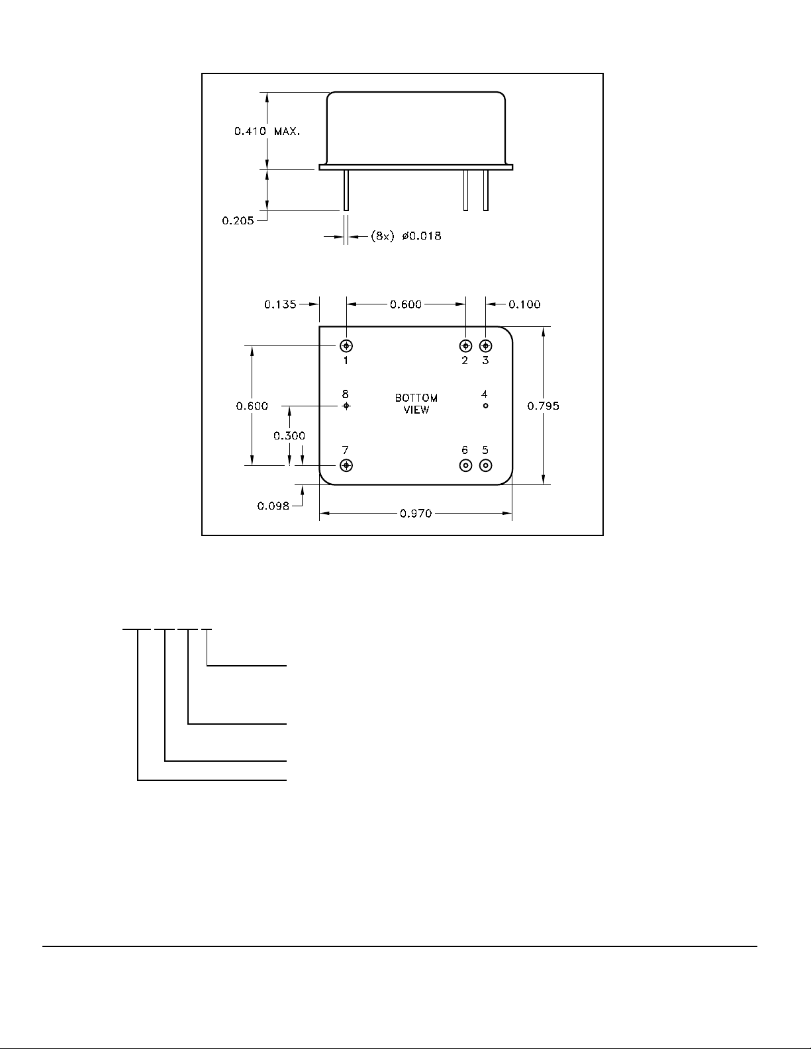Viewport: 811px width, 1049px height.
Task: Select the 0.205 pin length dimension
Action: (238, 221)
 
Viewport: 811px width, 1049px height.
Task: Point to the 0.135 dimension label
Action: (281, 304)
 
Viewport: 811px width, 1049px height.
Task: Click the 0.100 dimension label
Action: (524, 304)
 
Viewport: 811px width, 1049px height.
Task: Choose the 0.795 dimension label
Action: (543, 406)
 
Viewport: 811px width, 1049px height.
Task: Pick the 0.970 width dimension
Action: (416, 513)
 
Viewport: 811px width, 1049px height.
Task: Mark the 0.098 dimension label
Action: (273, 506)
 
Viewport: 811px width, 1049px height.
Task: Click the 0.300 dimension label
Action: (289, 435)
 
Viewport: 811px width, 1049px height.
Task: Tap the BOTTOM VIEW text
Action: (416, 404)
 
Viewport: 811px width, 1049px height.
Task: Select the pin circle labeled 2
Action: (466, 345)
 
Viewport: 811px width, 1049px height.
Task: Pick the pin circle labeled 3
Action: (486, 345)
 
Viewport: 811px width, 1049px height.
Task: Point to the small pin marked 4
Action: (486, 406)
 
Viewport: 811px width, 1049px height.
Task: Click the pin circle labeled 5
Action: (486, 465)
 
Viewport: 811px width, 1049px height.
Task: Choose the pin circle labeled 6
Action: (466, 465)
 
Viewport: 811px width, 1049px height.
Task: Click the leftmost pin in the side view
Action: (346, 191)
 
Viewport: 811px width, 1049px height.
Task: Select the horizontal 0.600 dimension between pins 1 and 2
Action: (406, 304)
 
